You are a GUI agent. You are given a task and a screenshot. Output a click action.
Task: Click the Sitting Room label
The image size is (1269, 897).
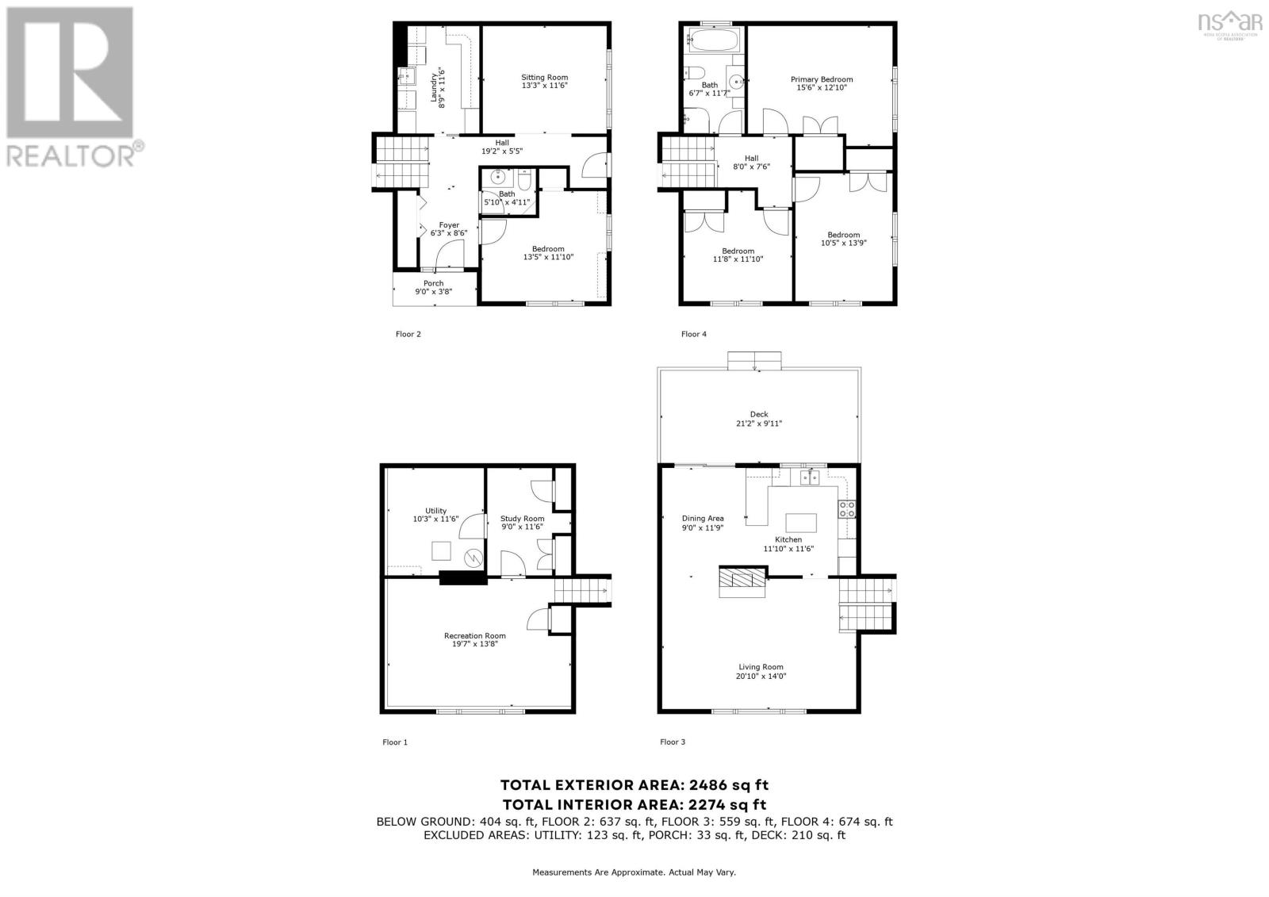tap(545, 77)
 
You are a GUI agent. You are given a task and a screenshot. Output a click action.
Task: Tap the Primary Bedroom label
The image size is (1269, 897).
tap(822, 79)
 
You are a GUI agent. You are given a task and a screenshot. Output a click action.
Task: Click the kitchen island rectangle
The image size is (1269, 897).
tap(801, 523)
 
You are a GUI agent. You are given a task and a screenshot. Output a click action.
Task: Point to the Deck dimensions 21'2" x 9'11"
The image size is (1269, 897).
tap(759, 424)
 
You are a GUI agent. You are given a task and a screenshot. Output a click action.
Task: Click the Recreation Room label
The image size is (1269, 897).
tap(474, 635)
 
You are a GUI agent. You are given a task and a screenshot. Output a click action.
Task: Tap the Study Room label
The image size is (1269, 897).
tap(522, 519)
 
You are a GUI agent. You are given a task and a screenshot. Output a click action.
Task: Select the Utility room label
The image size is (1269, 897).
tap(435, 511)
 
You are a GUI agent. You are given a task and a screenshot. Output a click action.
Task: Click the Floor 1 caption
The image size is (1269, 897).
tap(395, 742)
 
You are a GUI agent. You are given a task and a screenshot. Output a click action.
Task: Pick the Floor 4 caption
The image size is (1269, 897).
tap(693, 334)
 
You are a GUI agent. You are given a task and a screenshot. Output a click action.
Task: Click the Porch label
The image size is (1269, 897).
tap(433, 283)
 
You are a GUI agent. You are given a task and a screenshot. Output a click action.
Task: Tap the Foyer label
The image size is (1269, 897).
tap(449, 225)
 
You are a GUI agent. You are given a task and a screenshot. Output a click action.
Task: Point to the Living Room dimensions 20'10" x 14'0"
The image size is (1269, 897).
tap(761, 677)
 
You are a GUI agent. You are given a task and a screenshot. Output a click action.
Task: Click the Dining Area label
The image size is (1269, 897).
tap(703, 519)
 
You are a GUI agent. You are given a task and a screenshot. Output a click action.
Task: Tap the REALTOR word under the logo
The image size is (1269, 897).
tap(71, 154)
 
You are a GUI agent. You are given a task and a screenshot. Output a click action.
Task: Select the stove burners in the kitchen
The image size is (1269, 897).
tap(847, 508)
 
